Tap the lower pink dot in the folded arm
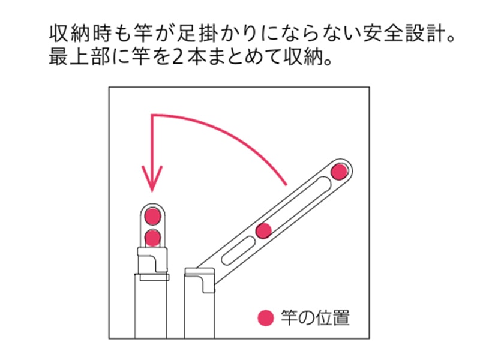tap(153, 237)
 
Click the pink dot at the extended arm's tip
tap(340, 171)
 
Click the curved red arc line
tap(228, 128)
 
